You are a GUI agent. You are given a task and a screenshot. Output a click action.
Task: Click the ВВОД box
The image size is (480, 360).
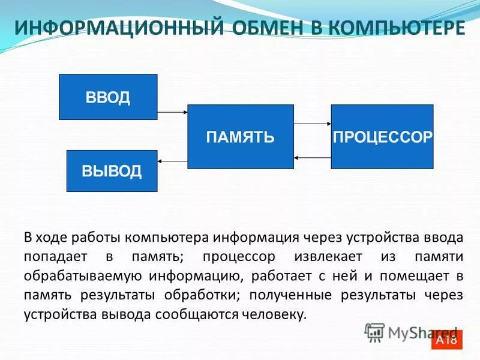pyautogui.click(x=108, y=97)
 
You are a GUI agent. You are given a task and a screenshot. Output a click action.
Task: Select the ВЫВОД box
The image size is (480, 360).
pyautogui.click(x=112, y=171)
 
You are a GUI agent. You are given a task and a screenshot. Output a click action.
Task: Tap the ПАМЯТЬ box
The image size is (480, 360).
pyautogui.click(x=241, y=136)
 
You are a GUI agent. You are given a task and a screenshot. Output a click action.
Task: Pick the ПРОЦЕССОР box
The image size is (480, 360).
pyautogui.click(x=382, y=136)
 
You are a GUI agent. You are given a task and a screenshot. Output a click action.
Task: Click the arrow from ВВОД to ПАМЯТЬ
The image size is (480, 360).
pyautogui.click(x=173, y=112)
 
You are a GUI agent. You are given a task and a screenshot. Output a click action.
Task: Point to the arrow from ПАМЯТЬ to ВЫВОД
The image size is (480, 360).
pyautogui.click(x=173, y=161)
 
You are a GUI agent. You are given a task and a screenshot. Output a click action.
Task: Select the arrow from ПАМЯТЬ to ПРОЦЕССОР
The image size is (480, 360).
pyautogui.click(x=313, y=124)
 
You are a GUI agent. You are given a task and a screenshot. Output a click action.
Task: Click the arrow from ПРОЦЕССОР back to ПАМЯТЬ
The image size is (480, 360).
pyautogui.click(x=313, y=157)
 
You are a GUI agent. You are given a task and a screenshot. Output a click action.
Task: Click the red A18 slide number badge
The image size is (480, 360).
pyautogui.click(x=446, y=340)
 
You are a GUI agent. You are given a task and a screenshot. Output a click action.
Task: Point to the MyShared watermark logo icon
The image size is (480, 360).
pyautogui.click(x=374, y=331)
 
